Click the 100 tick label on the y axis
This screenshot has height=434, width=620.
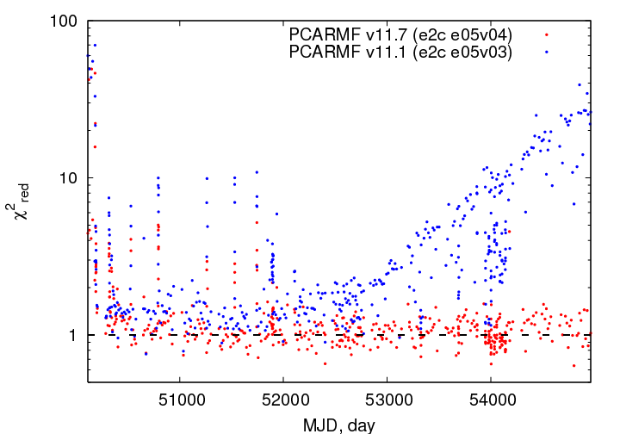tap(63, 21)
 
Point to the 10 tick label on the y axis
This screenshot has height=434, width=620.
tap(68, 178)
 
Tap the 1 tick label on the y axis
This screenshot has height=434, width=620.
tap(72, 335)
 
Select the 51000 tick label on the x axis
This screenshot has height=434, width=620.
tap(182, 400)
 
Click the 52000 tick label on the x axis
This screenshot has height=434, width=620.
tap(286, 400)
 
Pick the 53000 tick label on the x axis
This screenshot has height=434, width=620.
tap(389, 400)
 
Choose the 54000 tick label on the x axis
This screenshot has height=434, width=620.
tap(493, 400)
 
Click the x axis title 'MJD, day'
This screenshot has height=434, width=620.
tap(339, 425)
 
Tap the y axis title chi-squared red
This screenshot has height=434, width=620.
tap(18, 201)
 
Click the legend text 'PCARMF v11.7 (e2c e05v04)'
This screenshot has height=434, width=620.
tap(400, 34)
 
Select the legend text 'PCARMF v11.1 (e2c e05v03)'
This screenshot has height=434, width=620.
tap(400, 52)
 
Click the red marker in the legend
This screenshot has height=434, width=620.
tap(547, 34)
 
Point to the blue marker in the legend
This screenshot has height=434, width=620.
tap(547, 52)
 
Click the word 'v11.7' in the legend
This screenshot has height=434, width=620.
tap(387, 34)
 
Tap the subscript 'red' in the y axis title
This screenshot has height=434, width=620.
tap(24, 193)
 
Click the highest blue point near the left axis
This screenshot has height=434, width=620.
tap(95, 46)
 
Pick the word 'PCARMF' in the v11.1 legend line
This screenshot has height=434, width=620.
tap(325, 52)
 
